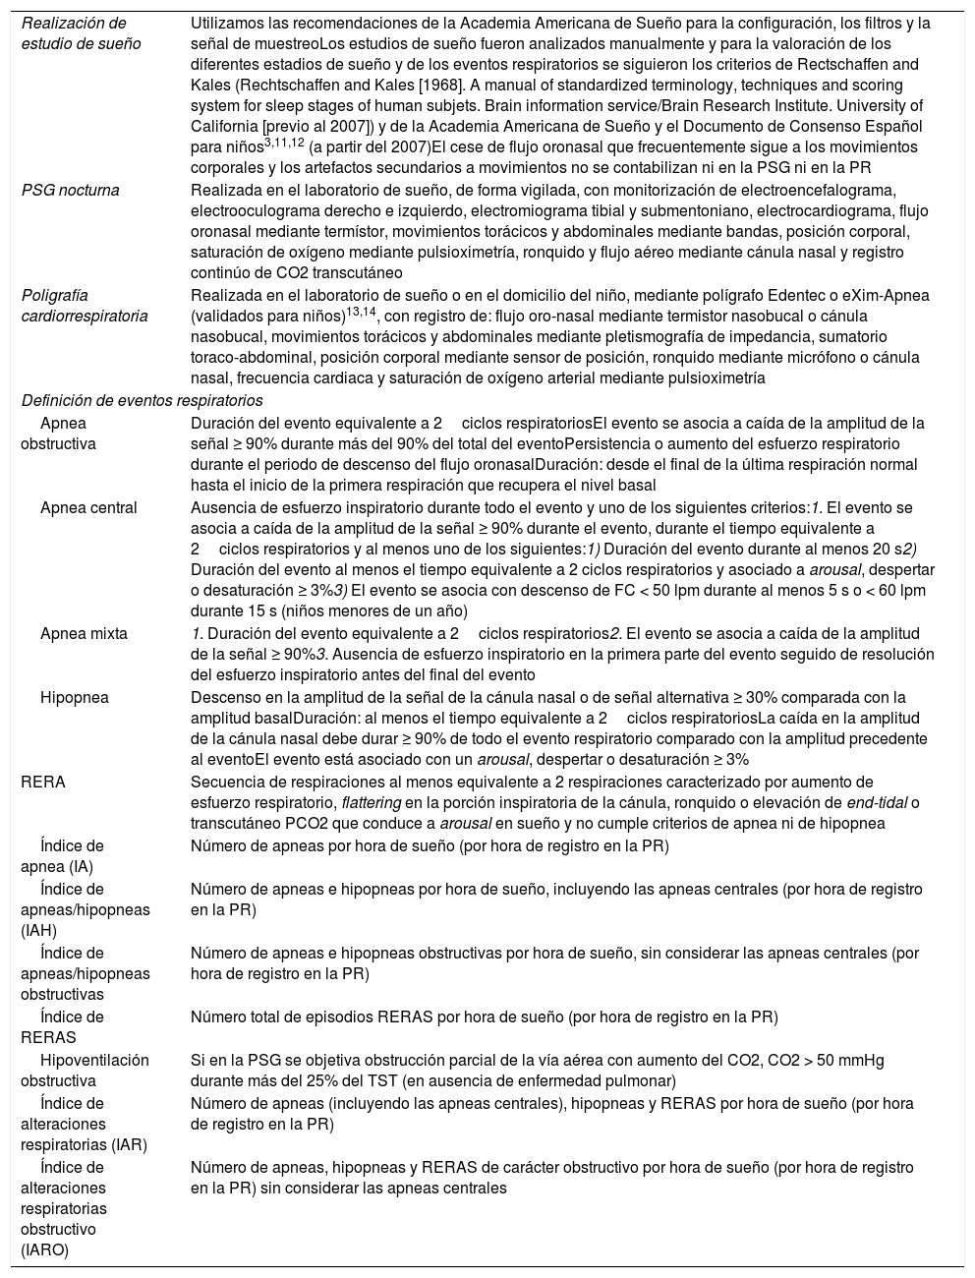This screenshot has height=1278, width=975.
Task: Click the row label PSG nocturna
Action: point(70,190)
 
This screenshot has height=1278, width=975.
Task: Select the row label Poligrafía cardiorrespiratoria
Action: point(85,306)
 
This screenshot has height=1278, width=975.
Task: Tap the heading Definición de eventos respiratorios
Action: point(143,400)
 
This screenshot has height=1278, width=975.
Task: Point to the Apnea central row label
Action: point(88,508)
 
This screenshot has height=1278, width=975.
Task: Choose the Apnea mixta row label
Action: point(84,634)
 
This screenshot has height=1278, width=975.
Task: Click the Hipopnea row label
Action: point(75,697)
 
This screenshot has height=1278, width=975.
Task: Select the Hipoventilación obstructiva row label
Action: point(85,1071)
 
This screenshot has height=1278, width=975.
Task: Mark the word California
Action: point(224,126)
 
